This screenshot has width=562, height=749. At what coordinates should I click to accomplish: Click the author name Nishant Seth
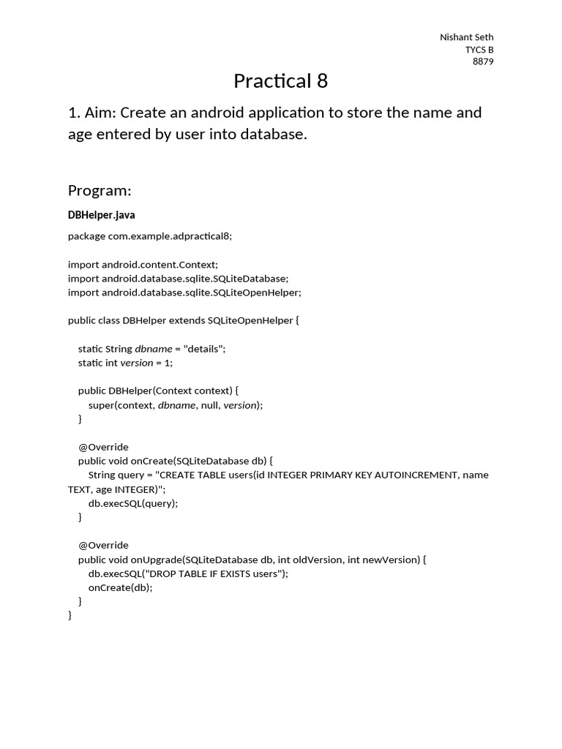(x=466, y=37)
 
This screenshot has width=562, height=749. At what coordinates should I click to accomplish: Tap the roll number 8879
(x=482, y=61)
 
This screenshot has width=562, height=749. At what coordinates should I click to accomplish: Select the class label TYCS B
(x=479, y=50)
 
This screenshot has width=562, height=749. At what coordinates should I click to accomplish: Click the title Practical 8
(x=280, y=81)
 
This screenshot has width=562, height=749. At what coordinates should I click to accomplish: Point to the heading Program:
(x=100, y=191)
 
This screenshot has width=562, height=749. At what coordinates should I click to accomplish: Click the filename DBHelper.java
(x=101, y=215)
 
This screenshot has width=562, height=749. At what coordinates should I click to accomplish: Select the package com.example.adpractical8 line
(x=149, y=236)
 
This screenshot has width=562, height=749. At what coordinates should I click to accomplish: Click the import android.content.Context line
(x=143, y=264)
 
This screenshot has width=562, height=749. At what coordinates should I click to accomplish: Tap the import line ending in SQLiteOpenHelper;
(x=184, y=293)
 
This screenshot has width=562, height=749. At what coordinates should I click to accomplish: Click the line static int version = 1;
(x=125, y=363)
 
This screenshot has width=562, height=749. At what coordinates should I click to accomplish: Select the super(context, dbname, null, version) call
(x=175, y=405)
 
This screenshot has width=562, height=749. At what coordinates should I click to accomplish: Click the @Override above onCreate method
(x=103, y=447)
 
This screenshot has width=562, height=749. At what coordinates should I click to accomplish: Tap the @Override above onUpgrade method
(x=103, y=546)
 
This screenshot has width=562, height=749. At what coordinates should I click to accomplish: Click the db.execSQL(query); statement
(x=133, y=503)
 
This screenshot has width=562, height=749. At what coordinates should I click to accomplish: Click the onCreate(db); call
(x=121, y=587)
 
